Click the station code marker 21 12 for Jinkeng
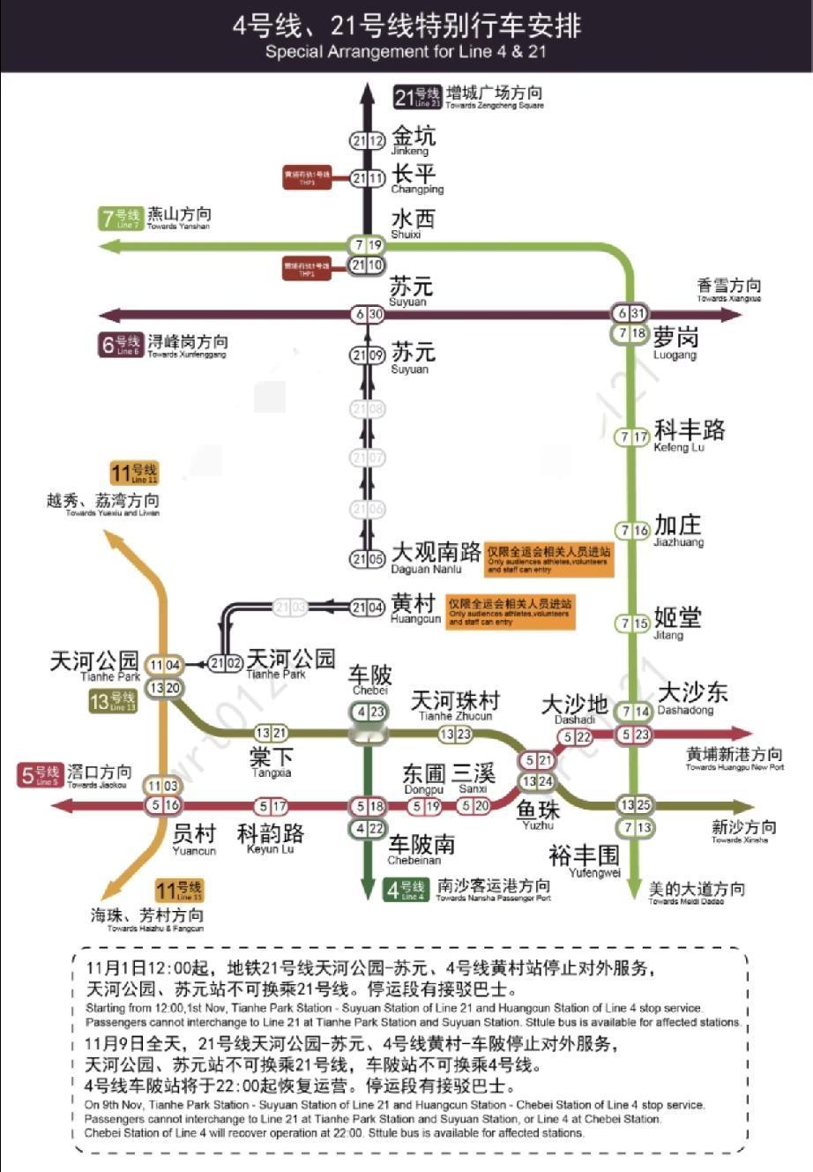(x=368, y=141)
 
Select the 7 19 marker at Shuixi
(x=367, y=245)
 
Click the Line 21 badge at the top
(x=418, y=97)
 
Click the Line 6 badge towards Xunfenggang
(x=119, y=345)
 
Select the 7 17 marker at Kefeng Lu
(x=632, y=437)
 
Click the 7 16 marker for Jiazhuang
(x=632, y=531)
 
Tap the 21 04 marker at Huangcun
(x=367, y=608)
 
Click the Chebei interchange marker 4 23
(x=369, y=712)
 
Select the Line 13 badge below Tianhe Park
(x=113, y=702)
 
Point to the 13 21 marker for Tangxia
(x=271, y=733)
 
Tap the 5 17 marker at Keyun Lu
(x=271, y=806)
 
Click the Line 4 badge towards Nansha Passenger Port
(x=406, y=889)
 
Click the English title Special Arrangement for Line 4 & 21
(x=406, y=52)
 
